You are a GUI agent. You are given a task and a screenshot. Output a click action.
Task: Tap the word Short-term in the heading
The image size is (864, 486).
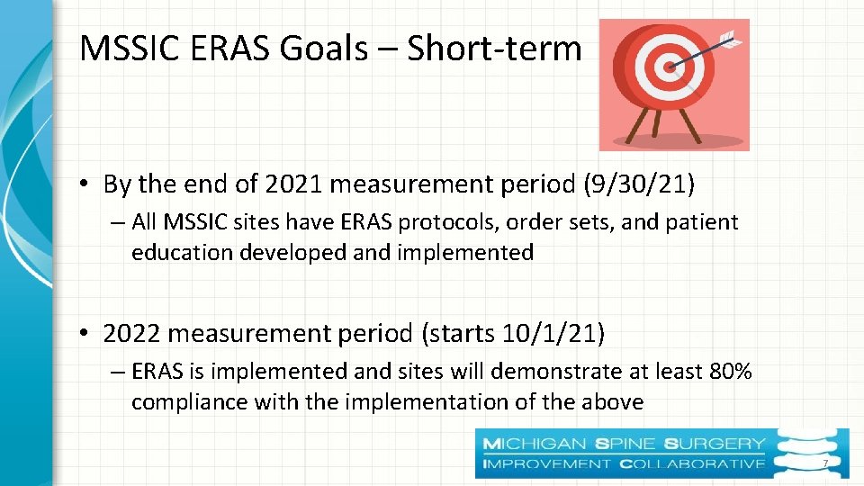[x=494, y=49]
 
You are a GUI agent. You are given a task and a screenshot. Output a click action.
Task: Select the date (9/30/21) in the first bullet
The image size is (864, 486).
[x=640, y=184]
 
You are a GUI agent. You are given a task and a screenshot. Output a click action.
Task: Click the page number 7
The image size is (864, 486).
[x=824, y=463]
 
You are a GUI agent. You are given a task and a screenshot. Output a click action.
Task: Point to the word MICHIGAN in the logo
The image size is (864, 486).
[x=535, y=444]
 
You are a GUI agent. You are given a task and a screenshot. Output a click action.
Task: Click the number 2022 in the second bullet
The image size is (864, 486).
[x=132, y=334]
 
